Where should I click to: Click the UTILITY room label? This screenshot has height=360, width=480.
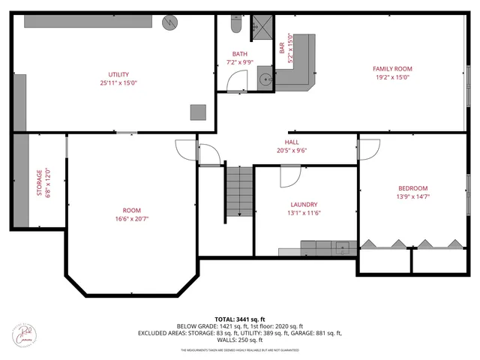(118, 74)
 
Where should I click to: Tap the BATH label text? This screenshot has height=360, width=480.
(239, 54)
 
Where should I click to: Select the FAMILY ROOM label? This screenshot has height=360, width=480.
(392, 69)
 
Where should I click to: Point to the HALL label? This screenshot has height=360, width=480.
(292, 142)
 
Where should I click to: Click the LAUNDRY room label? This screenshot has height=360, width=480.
(304, 204)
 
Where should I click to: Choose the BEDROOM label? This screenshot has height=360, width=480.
(412, 188)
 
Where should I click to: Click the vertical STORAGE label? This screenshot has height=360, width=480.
(40, 181)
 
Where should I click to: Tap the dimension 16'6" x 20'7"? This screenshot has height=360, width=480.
(132, 218)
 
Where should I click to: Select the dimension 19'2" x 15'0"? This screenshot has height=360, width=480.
(392, 76)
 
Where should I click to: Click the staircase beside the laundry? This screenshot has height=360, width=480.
(240, 191)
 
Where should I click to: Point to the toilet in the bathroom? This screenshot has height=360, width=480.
(235, 25)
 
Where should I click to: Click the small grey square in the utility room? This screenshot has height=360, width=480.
(198, 112)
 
